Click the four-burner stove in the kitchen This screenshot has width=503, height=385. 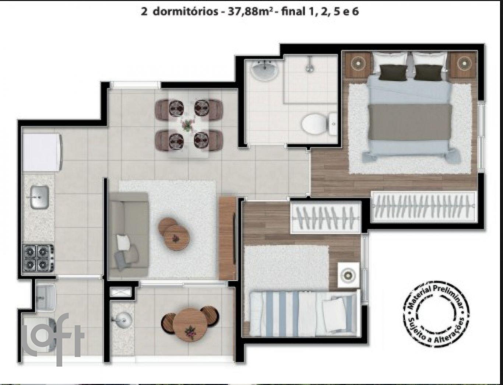point(39,258)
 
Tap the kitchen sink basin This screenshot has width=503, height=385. point(40,197)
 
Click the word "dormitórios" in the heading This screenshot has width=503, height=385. point(185,12)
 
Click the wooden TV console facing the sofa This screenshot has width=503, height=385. point(228,238)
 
